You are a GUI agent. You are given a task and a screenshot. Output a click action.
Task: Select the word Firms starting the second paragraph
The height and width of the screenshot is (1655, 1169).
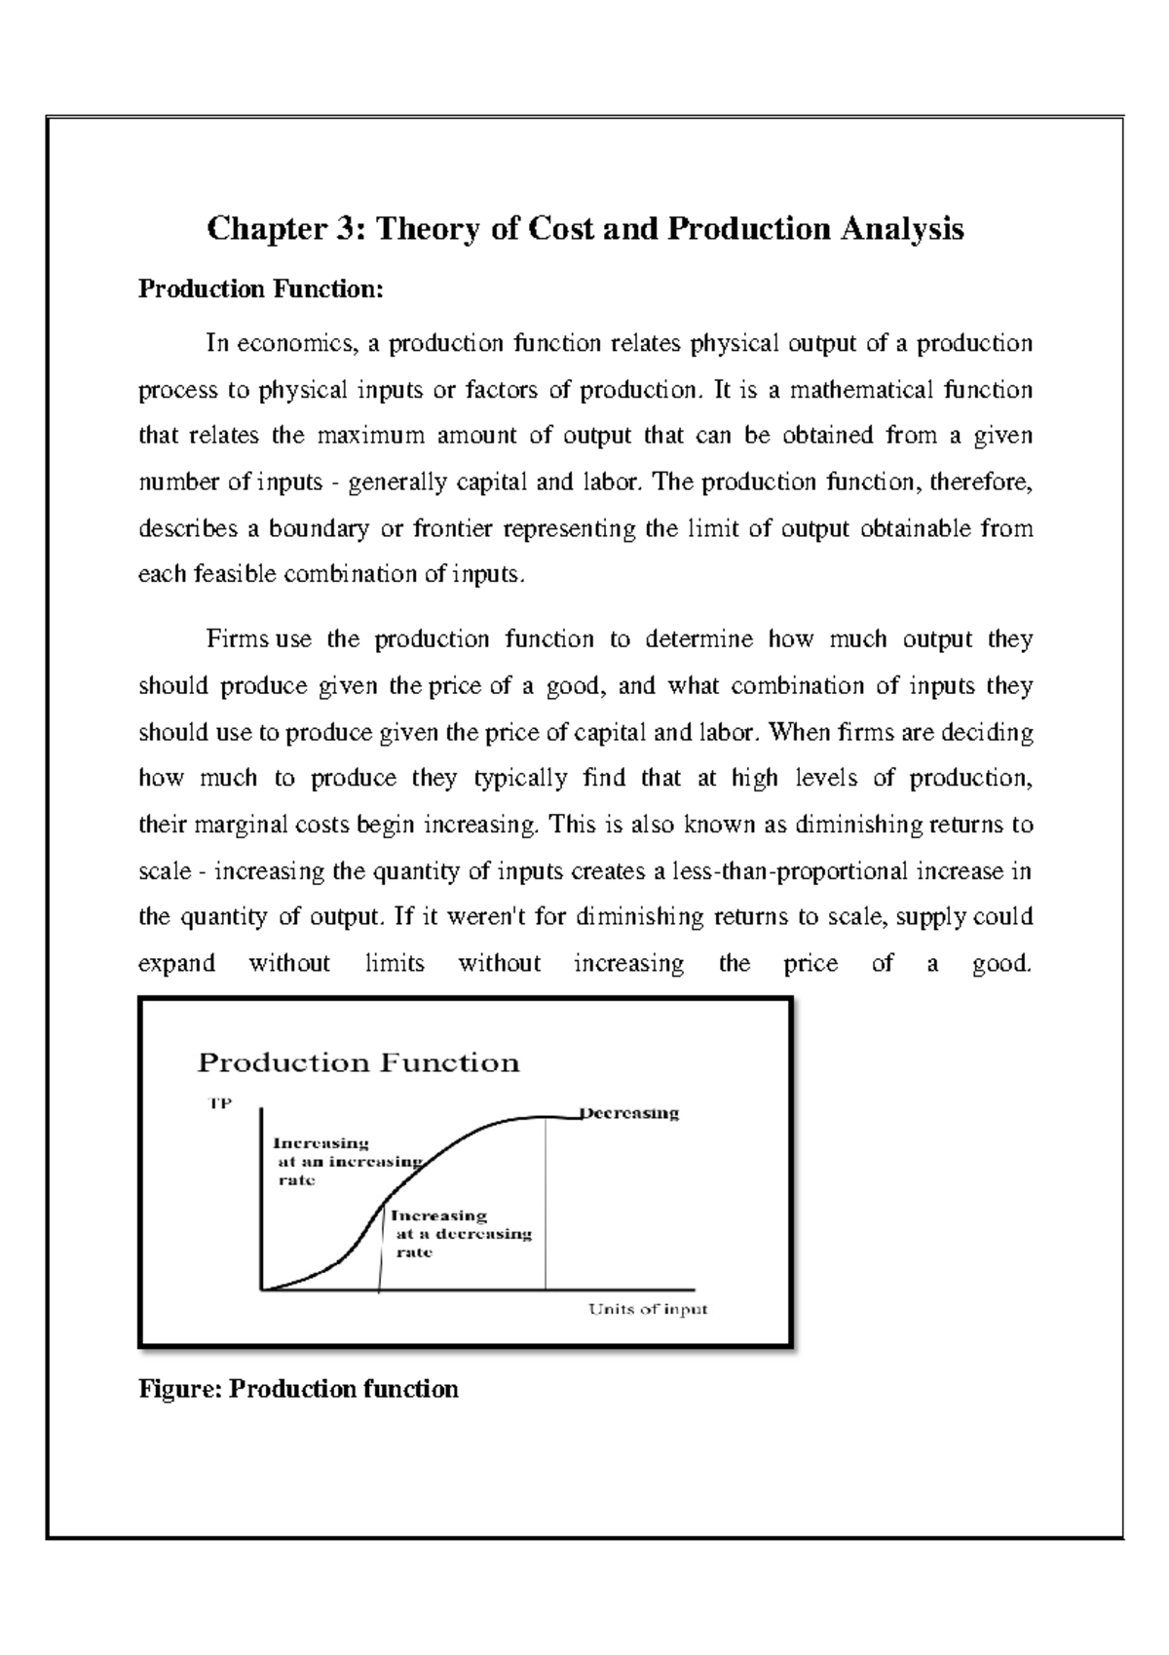[238, 639]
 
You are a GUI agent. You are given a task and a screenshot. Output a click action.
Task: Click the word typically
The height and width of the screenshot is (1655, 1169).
[521, 778]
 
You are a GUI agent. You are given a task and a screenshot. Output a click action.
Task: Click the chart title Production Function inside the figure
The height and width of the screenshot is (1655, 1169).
[358, 1062]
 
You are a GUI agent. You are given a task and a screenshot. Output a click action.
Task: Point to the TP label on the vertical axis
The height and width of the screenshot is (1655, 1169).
[221, 1105]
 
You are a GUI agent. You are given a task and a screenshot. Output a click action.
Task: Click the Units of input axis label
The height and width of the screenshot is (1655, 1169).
[648, 1309]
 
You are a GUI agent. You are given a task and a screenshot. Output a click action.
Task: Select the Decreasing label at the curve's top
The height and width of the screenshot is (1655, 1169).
[630, 1113]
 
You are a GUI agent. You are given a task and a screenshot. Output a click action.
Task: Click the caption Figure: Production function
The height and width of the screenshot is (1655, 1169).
[298, 1389]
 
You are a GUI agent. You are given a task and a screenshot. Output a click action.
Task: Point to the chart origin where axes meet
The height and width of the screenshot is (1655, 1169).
[262, 1289]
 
